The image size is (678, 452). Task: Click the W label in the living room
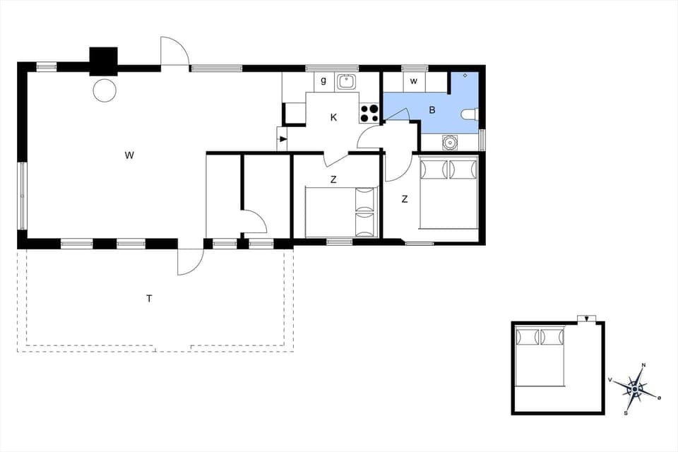point(129,155)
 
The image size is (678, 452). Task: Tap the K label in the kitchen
point(334,118)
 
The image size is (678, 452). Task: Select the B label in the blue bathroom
point(432,110)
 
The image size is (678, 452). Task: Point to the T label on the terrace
point(149,299)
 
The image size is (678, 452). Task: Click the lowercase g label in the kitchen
point(323,81)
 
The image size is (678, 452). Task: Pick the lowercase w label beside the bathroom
point(414,81)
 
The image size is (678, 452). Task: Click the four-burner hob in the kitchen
point(369,113)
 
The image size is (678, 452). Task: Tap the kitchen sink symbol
point(346,82)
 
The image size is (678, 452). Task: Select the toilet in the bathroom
point(470,114)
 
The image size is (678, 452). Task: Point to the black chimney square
point(103,61)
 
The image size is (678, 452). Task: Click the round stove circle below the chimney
point(105,90)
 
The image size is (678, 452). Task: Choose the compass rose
point(636,388)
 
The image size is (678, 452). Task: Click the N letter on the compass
point(643,365)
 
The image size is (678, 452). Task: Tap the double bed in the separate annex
point(540,357)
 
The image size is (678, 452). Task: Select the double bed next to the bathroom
point(449,193)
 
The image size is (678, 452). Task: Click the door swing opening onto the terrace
point(190,263)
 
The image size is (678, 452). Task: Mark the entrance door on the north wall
point(174,53)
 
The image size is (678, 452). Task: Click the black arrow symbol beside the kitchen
point(282,139)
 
